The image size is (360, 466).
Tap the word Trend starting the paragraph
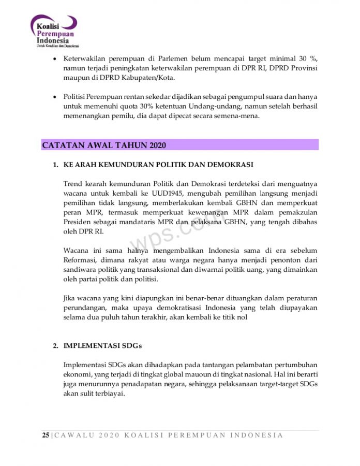pyautogui.click(x=72, y=184)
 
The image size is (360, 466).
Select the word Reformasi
pyautogui.click(x=80, y=260)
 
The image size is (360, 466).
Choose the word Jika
pyautogui.click(x=69, y=298)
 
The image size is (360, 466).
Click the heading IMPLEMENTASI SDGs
pyautogui.click(x=102, y=345)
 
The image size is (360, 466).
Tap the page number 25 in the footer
pyautogui.click(x=46, y=435)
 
